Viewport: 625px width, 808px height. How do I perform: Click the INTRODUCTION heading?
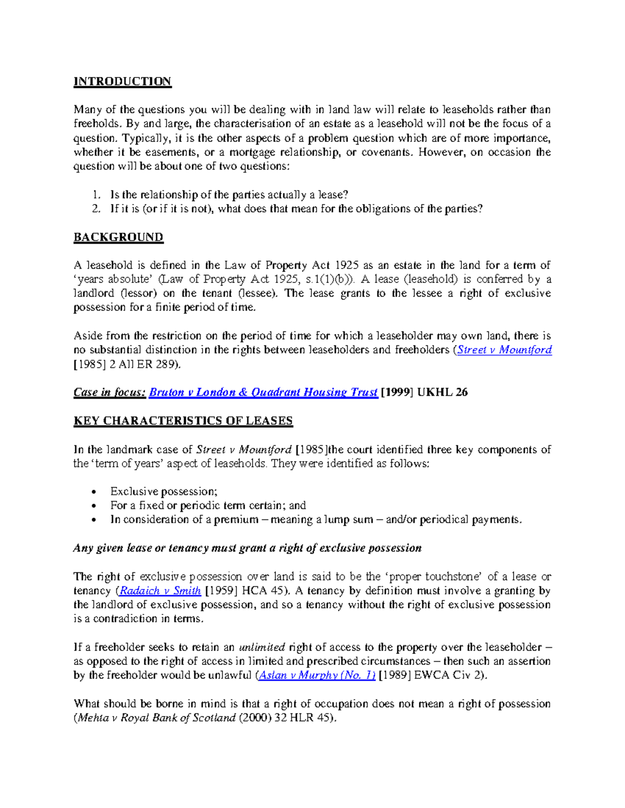122,82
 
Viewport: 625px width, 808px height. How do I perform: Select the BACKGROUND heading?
118,237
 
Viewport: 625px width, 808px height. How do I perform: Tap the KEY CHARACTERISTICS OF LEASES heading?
183,421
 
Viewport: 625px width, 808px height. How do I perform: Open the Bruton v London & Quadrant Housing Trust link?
263,392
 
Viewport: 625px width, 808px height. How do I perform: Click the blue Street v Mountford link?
504,350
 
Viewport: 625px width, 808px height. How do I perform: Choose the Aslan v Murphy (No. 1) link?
317,675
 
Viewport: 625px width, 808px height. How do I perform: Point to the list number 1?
95,195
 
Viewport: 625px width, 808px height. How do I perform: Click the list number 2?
95,209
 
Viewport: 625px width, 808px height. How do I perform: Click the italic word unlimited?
261,648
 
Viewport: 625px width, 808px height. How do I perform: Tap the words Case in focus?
109,392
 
